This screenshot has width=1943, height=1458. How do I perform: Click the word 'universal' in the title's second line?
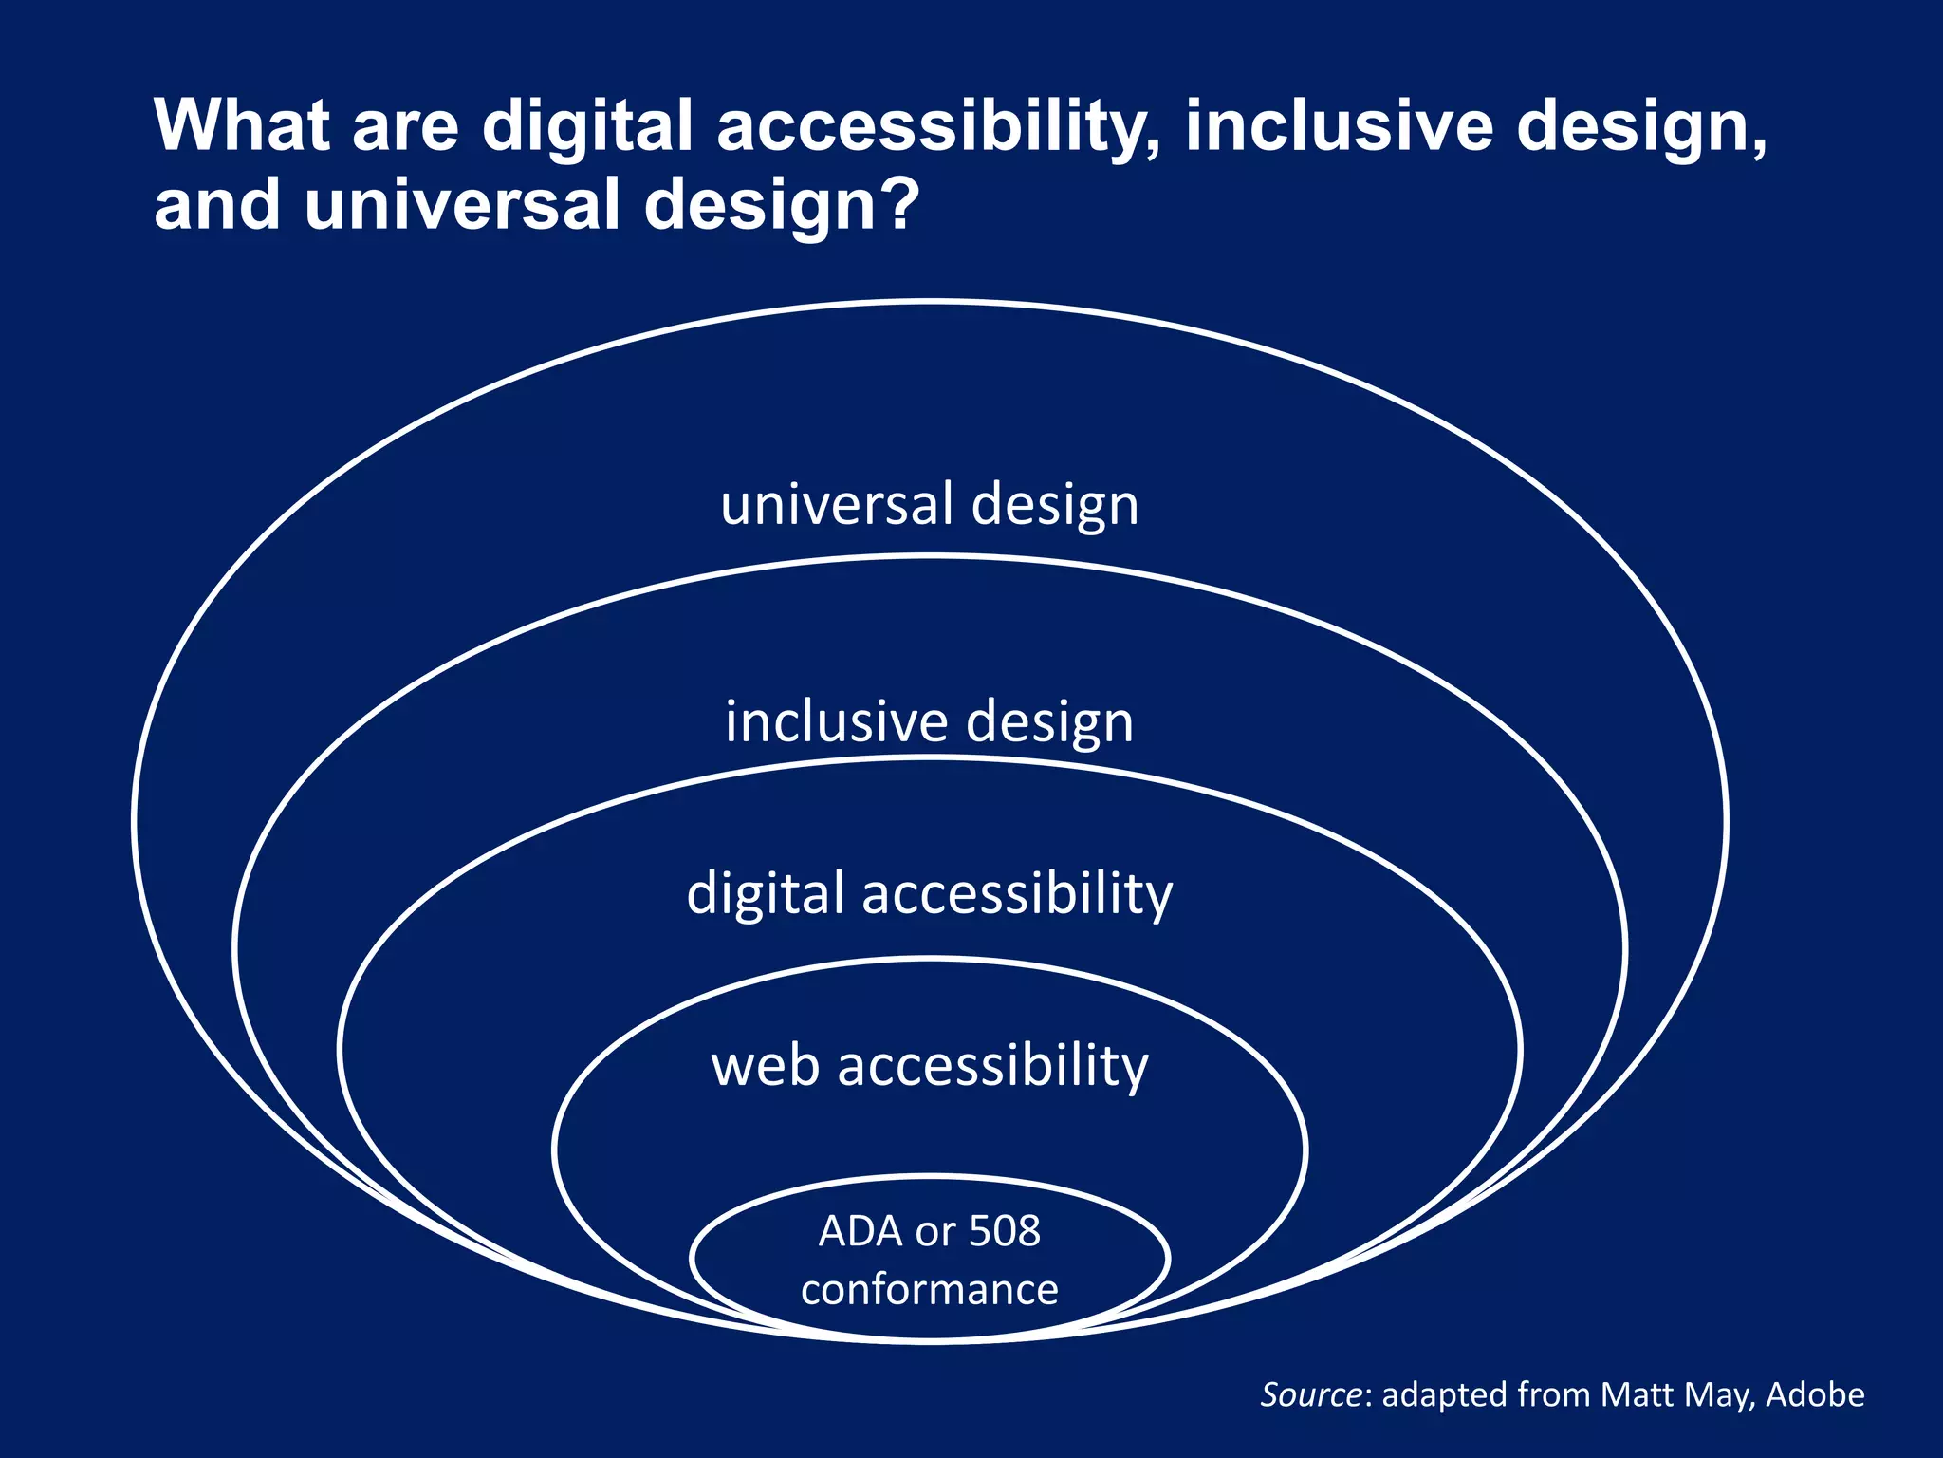tap(462, 203)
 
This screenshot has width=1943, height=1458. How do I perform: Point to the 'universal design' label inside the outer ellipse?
tap(929, 504)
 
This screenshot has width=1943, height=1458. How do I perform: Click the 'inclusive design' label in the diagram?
tap(929, 722)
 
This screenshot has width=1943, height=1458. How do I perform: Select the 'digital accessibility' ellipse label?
tap(929, 894)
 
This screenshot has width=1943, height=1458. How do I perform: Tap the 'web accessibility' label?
tap(929, 1066)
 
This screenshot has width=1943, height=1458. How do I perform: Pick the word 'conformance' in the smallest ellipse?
tap(929, 1290)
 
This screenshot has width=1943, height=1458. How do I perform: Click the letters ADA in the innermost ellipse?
tap(860, 1231)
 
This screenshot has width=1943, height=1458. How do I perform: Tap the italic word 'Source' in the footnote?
tap(1311, 1394)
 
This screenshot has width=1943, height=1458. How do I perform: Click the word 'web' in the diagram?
tap(765, 1066)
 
